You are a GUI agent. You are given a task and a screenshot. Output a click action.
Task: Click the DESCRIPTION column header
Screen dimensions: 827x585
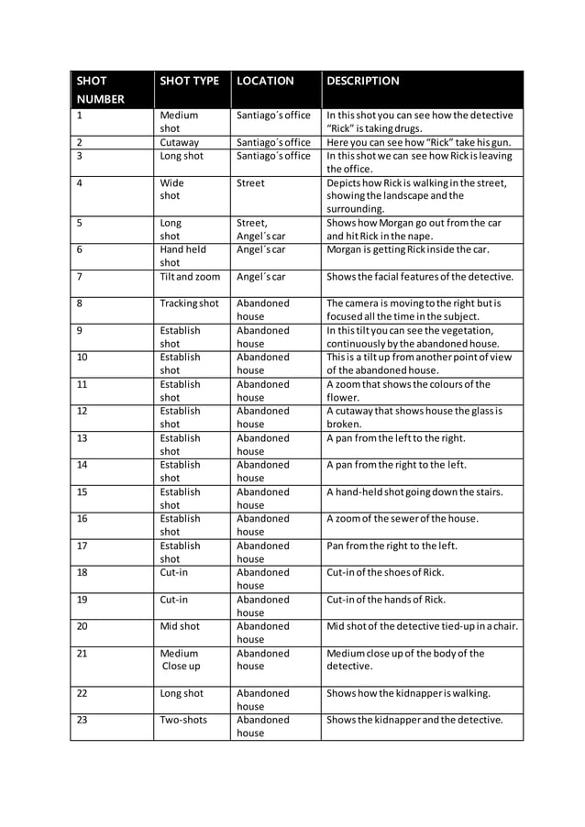363,81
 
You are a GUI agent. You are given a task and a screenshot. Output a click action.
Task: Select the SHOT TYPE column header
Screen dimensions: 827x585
190,81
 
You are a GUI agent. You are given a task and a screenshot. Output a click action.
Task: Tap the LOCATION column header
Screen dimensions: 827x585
265,81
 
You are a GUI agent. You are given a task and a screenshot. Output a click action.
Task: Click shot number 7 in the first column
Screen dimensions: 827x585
81,277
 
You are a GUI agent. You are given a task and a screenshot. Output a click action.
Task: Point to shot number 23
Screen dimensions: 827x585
83,720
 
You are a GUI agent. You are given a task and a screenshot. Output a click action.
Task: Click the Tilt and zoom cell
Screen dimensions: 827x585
190,277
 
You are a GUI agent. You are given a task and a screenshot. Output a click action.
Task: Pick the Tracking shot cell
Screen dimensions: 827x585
190,303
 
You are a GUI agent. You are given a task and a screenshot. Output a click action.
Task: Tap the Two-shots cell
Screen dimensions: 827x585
183,720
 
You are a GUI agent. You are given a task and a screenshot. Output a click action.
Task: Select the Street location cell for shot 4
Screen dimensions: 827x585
250,183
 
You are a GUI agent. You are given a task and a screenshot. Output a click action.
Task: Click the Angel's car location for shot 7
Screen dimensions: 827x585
261,277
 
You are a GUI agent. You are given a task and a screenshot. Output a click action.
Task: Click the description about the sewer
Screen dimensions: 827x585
403,519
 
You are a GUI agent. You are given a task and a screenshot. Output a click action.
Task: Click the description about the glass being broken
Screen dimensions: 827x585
414,417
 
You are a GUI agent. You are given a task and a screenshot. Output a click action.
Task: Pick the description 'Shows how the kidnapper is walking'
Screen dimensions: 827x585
408,693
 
